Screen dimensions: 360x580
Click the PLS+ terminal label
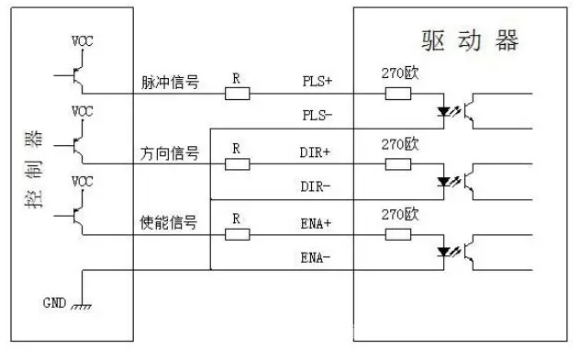(x=317, y=81)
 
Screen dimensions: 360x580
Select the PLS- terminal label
(x=317, y=117)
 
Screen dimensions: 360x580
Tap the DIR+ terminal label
(x=317, y=152)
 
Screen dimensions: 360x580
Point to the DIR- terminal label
(x=317, y=186)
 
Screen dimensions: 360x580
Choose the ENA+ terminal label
(x=317, y=222)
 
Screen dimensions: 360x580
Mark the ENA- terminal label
(x=317, y=258)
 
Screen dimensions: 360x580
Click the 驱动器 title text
(x=469, y=41)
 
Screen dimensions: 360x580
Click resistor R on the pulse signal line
(x=237, y=93)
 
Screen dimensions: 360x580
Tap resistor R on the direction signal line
(x=237, y=163)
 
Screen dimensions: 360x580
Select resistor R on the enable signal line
(x=237, y=234)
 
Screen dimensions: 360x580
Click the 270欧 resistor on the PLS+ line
(x=397, y=93)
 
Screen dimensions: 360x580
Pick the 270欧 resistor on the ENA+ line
(x=397, y=234)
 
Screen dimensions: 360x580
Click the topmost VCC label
(x=82, y=42)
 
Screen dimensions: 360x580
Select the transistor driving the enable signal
(x=78, y=213)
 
